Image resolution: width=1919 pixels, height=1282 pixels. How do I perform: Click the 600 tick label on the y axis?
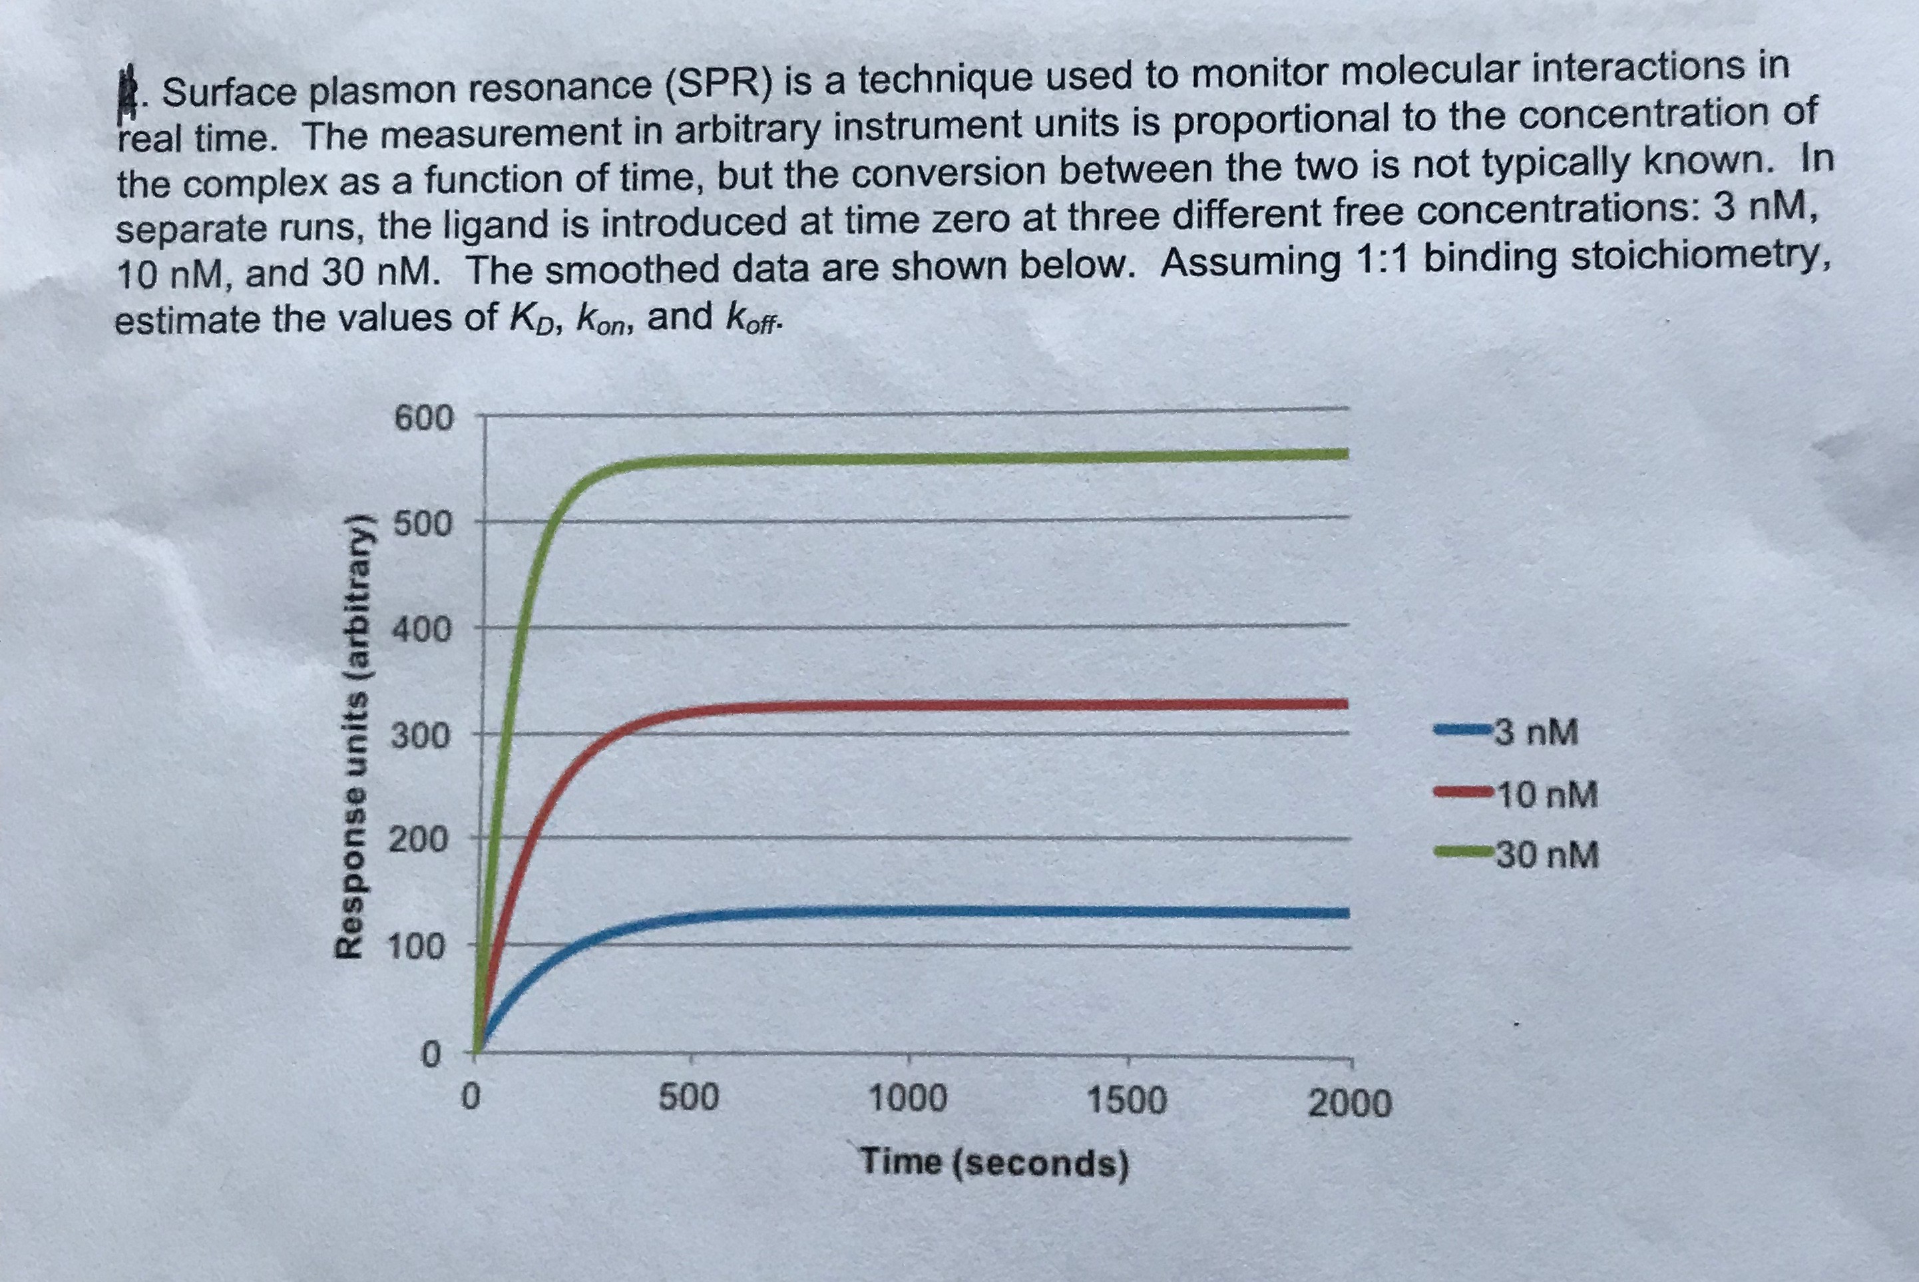coord(423,419)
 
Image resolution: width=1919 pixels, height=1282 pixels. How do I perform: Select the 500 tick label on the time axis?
coord(688,1097)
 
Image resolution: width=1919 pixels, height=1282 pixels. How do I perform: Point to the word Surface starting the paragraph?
coord(232,93)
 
